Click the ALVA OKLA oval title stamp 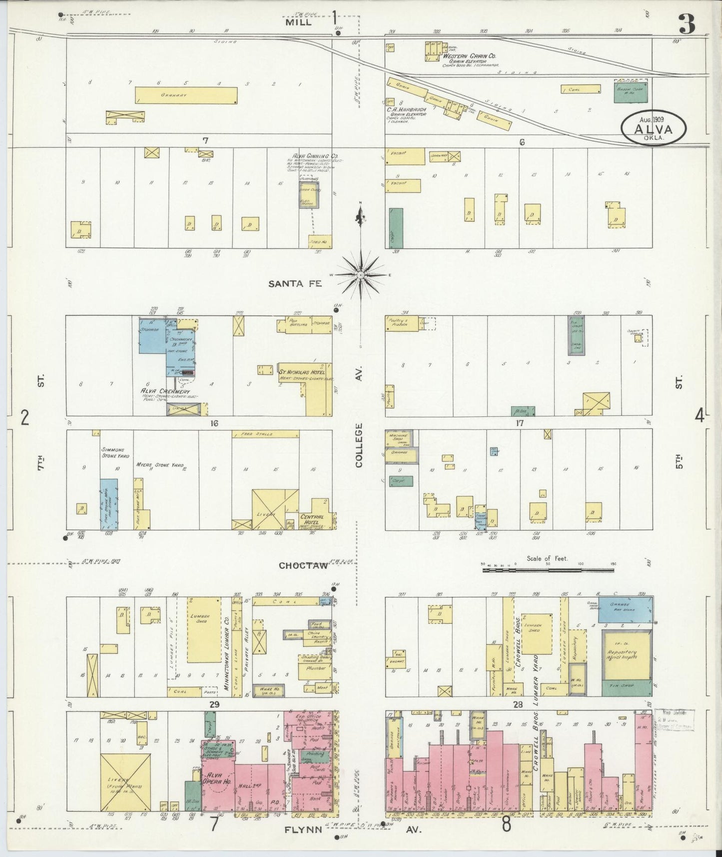pyautogui.click(x=654, y=128)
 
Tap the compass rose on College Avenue pyautogui.click(x=360, y=274)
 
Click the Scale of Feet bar pyautogui.click(x=548, y=569)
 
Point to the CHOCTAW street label pyautogui.click(x=303, y=565)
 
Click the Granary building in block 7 pyautogui.click(x=186, y=95)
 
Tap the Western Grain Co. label pyautogui.click(x=469, y=56)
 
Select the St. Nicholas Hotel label pyautogui.click(x=302, y=372)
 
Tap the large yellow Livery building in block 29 pyautogui.click(x=125, y=788)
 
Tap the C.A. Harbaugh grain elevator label pyautogui.click(x=406, y=109)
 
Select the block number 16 pyautogui.click(x=214, y=423)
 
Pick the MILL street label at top pyautogui.click(x=298, y=22)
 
